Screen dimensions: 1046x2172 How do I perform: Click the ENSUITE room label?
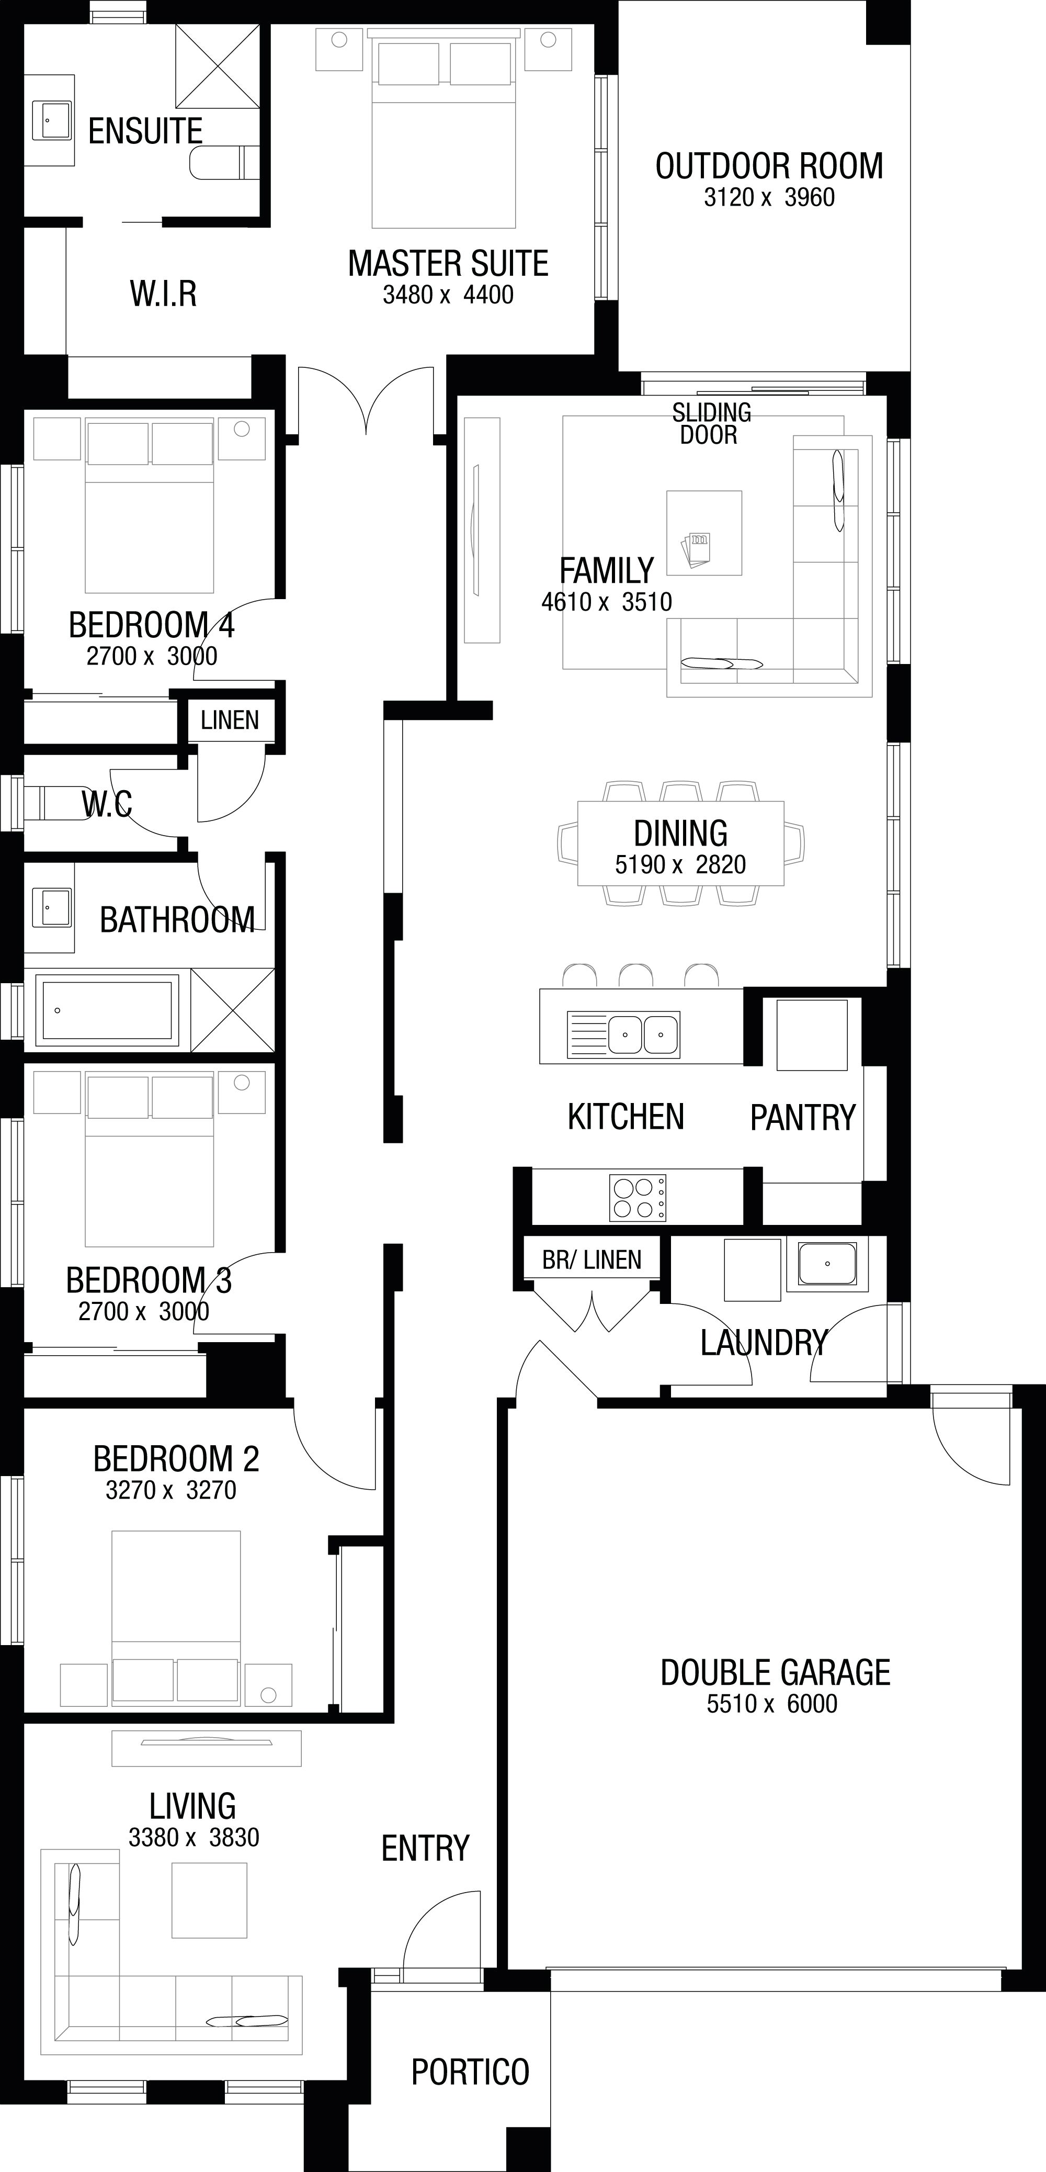(x=145, y=131)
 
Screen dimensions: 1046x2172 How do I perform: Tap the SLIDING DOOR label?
(x=711, y=423)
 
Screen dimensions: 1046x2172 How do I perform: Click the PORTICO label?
(x=470, y=2071)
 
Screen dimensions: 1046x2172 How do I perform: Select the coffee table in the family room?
(x=704, y=533)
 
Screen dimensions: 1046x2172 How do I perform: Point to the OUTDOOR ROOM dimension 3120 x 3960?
(x=769, y=197)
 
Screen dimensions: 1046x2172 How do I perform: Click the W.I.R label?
(x=164, y=294)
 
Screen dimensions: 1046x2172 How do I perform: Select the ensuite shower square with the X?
(x=218, y=66)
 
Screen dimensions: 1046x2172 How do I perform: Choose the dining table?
(x=680, y=842)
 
